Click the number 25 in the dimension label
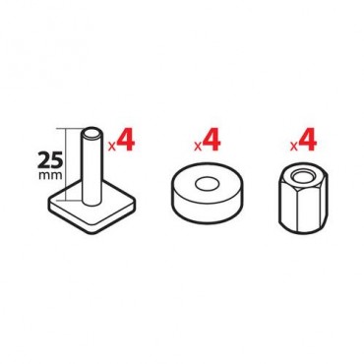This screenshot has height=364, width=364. point(50,160)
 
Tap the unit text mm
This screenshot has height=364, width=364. point(50,175)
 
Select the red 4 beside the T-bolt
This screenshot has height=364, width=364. point(125,140)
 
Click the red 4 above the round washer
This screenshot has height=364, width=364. point(212,140)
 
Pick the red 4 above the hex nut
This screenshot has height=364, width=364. point(307,140)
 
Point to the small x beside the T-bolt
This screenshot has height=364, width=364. point(112,147)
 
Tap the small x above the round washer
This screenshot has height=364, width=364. point(198,147)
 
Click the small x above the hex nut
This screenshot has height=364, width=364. point(294,147)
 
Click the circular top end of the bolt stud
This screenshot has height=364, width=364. point(91,134)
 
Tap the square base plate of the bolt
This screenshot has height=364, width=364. point(92,209)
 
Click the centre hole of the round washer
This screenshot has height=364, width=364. point(208,185)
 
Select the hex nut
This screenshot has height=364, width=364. point(303,200)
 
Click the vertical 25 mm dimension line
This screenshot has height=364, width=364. point(66,164)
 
